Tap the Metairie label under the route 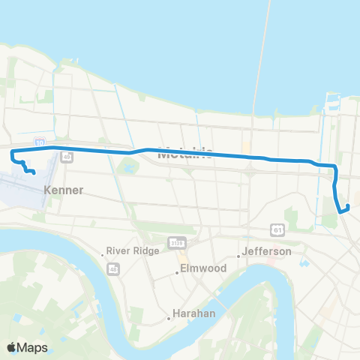(x=186, y=154)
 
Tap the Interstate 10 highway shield (x=39, y=141)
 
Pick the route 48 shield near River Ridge (x=115, y=268)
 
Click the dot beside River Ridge (x=103, y=255)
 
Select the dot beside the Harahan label (x=169, y=319)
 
